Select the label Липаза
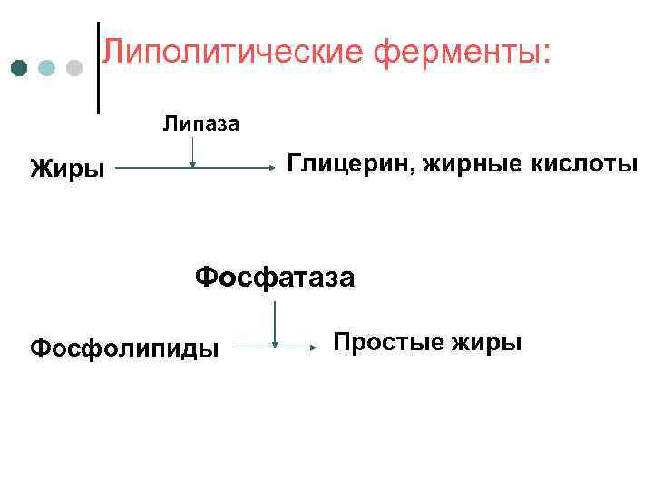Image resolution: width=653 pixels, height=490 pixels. point(201,123)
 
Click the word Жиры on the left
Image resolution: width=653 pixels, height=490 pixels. point(67,169)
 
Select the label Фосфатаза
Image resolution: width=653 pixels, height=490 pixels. point(275,275)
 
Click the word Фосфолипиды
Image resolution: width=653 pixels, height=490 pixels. point(124,348)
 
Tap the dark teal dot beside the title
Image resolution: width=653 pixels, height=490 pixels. point(19,68)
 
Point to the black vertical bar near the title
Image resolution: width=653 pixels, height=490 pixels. point(98,68)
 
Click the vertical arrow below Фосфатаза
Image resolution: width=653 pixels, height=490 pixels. point(274,324)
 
